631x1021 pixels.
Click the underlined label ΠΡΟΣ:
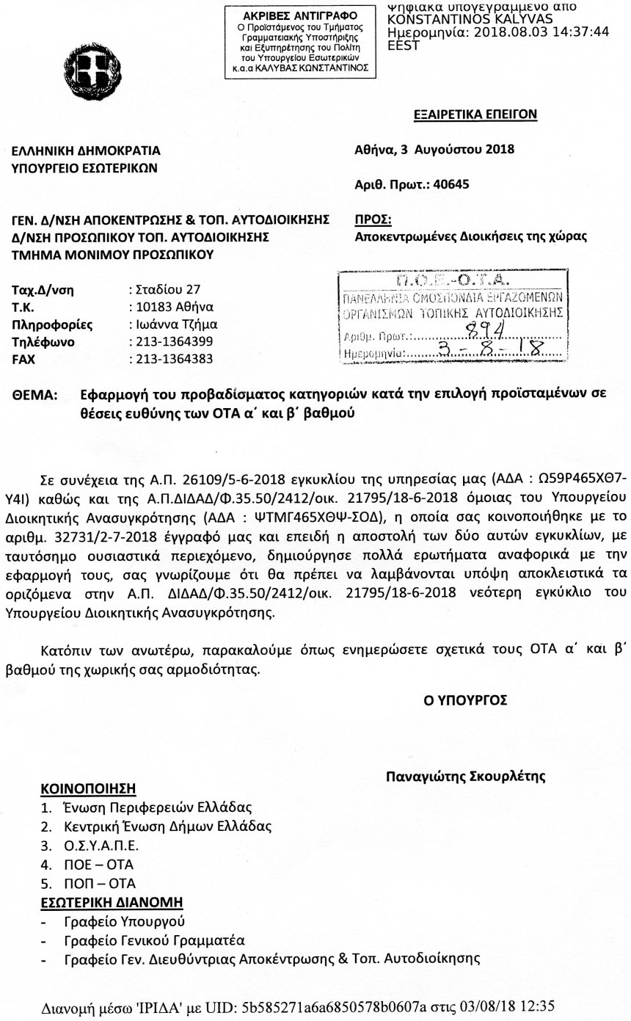tap(373, 219)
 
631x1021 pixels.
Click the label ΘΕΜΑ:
tap(35, 395)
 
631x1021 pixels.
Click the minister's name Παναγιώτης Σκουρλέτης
tap(466, 776)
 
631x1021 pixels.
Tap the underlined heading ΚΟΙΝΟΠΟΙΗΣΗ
tap(88, 789)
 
